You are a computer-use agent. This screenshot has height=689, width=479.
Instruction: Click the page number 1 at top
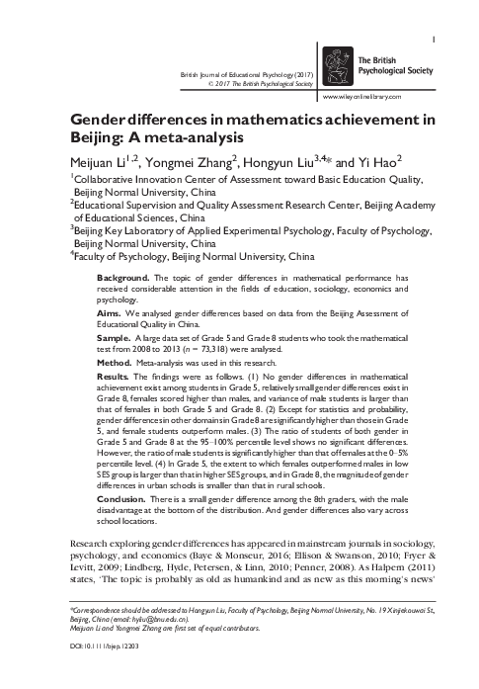(x=437, y=13)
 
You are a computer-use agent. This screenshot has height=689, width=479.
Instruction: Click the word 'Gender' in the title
(x=103, y=121)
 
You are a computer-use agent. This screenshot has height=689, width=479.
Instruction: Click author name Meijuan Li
(x=101, y=163)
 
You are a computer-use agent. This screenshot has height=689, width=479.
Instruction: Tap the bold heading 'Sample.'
(x=115, y=336)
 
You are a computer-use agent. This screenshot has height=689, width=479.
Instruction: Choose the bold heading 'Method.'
(x=115, y=362)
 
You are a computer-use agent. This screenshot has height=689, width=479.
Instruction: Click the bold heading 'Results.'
(x=114, y=377)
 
